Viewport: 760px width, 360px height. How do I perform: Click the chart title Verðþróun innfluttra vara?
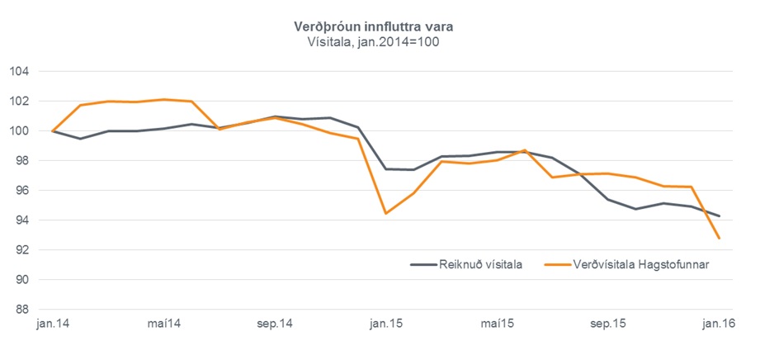(374, 27)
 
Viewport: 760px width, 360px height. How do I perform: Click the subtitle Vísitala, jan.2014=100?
(374, 42)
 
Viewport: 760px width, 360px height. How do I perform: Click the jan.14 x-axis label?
(53, 324)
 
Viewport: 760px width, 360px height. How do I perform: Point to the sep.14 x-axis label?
(275, 324)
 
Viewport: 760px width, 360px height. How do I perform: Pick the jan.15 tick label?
(386, 324)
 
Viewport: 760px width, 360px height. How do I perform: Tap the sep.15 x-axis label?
(608, 324)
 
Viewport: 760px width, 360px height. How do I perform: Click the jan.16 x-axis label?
(719, 324)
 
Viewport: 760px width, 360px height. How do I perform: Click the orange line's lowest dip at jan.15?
(386, 213)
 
